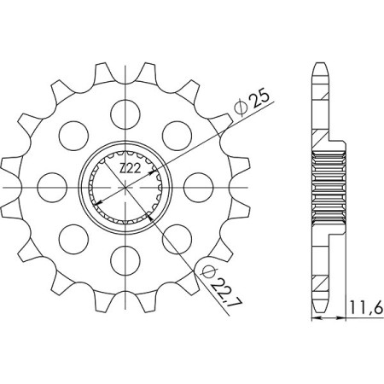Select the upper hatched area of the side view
(321, 137)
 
